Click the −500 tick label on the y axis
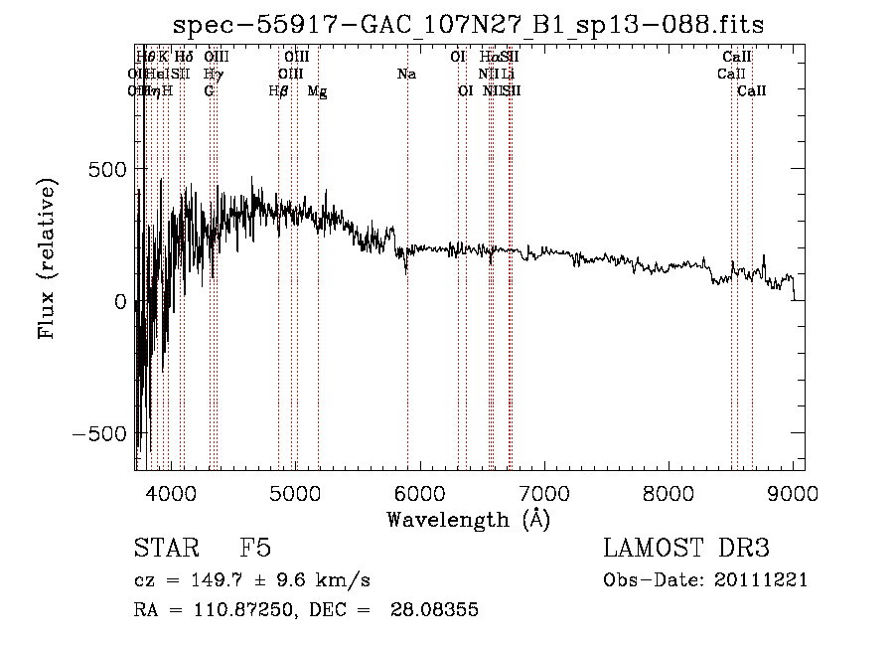tap(97, 434)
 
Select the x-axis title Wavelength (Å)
tap(468, 519)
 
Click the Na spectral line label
tap(405, 74)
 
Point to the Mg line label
tap(318, 91)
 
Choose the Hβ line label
tap(278, 91)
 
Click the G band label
tap(209, 91)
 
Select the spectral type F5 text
tap(255, 550)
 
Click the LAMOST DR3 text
tap(686, 550)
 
